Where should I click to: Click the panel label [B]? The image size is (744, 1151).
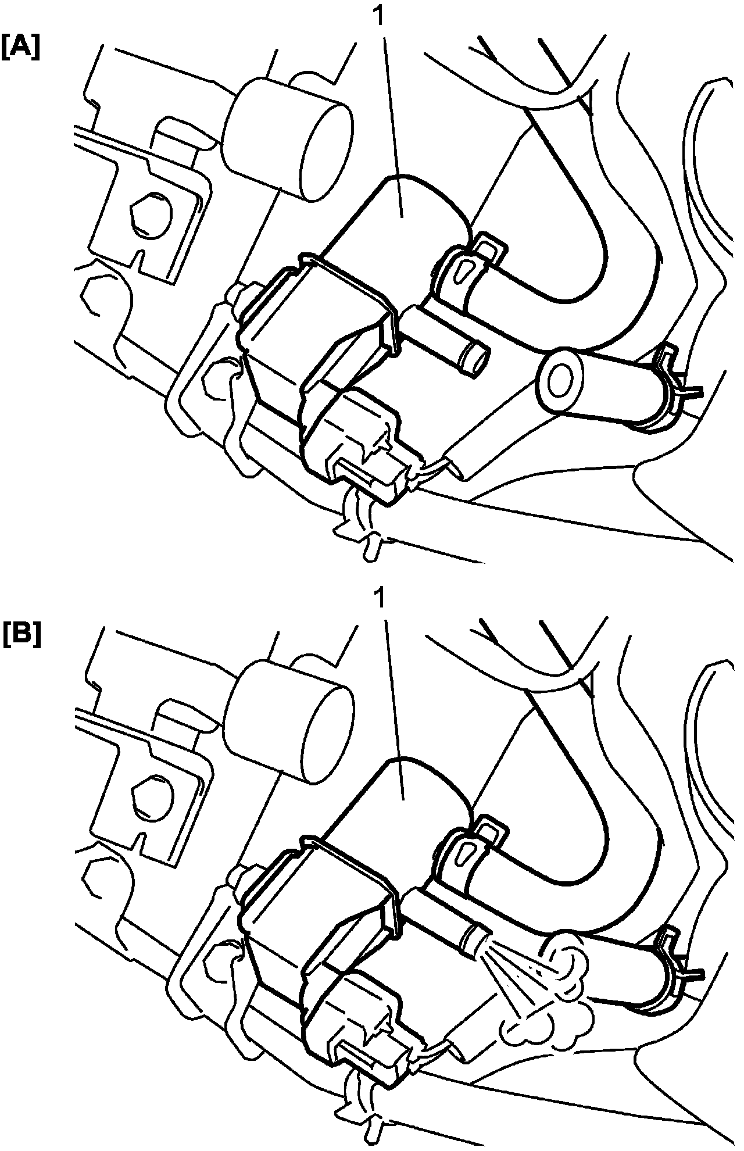point(21,635)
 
